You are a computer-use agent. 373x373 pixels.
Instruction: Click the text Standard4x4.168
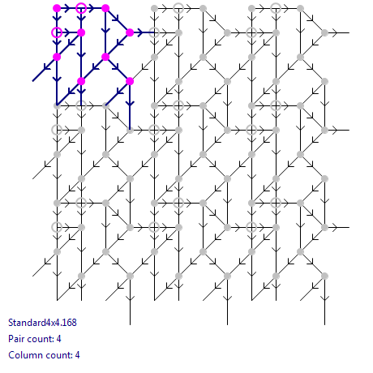pos(42,323)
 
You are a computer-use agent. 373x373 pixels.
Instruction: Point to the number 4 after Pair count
pos(58,339)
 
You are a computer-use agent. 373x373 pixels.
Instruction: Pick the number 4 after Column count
pos(77,355)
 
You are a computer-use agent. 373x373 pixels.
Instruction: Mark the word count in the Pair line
pos(41,339)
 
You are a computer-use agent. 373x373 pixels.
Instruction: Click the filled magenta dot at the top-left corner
pos(57,8)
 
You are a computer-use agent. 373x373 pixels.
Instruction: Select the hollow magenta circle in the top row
pos(81,8)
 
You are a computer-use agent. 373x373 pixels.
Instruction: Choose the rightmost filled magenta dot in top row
pos(105,8)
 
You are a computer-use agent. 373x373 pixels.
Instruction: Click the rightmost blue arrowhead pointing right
pos(139,32)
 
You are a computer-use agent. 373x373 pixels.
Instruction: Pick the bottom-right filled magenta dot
pos(130,81)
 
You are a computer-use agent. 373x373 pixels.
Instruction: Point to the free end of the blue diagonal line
pos(32,81)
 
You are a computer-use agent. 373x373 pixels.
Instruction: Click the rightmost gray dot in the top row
pos(300,8)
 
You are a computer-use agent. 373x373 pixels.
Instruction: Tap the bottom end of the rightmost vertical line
pos(324,324)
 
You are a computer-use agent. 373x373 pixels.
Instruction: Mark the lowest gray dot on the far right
pos(324,276)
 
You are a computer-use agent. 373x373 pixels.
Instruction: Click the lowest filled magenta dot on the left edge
pos(57,57)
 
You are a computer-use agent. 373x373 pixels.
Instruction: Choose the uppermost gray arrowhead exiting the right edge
pos(335,32)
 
